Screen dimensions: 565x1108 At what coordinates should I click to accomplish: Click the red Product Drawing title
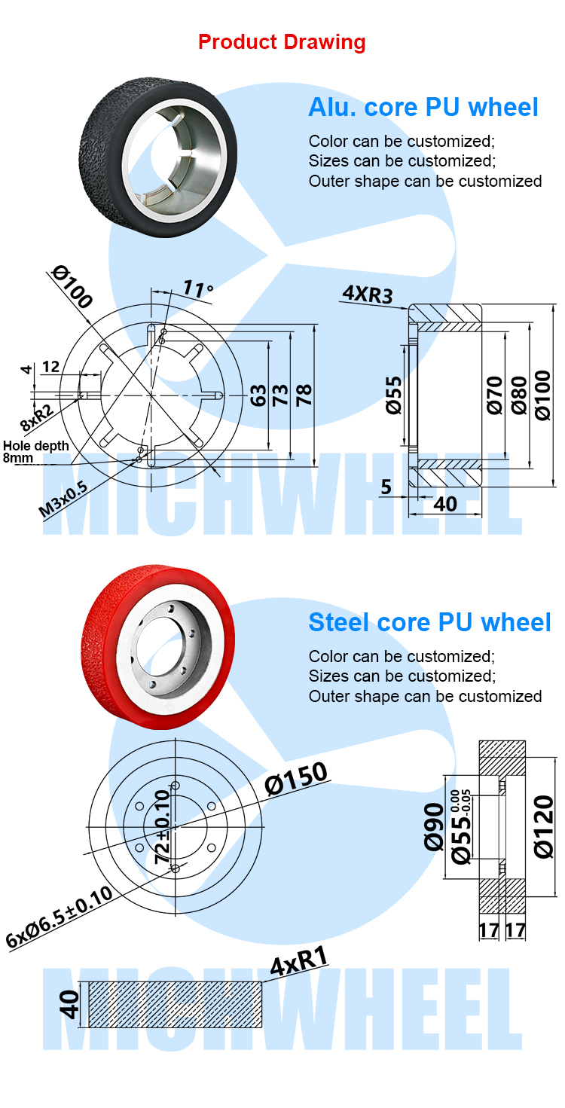pos(282,42)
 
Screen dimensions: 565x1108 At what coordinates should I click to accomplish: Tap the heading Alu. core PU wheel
pos(423,108)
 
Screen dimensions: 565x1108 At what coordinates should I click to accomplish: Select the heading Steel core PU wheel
pos(429,622)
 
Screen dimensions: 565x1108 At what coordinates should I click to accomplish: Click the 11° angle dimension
pos(198,288)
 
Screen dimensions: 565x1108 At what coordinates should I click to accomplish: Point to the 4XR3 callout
pos(368,294)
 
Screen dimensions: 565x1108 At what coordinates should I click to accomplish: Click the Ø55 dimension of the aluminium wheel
pos(394,395)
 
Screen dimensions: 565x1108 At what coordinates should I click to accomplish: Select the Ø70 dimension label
pos(494,395)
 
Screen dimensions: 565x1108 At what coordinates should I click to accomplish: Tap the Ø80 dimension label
pos(519,395)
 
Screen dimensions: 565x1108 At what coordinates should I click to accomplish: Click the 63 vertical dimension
pos(258,395)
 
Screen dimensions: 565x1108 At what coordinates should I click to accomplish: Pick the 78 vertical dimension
pos(304,395)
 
